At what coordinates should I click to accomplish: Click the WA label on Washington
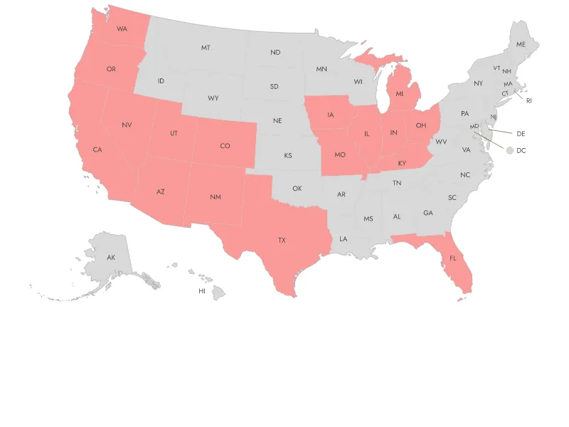point(122,29)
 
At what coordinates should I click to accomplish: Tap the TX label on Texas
point(282,241)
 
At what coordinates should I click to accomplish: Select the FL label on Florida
point(453,258)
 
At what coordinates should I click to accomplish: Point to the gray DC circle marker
point(509,150)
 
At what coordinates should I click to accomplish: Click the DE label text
point(521,134)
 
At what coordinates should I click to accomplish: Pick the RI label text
point(529,100)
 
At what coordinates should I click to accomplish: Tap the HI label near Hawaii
point(202,291)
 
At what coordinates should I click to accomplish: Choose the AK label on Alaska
point(111,258)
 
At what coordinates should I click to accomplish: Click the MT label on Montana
point(206,48)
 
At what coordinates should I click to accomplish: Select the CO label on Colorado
point(225,146)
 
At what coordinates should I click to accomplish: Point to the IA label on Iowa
point(331,115)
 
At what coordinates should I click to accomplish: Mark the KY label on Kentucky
point(402,164)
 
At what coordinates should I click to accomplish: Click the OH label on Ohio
point(421,125)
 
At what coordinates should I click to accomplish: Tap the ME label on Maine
point(521,44)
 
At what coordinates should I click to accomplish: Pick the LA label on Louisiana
point(344,239)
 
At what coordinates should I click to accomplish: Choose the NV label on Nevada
point(127,125)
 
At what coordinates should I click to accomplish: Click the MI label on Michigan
point(400,93)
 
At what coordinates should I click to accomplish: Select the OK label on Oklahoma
point(297,189)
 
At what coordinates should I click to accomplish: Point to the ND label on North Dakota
point(275,52)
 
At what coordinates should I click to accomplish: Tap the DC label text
point(521,150)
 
